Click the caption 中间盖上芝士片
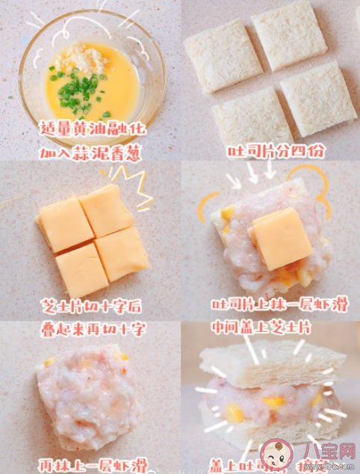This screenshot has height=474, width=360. pyautogui.click(x=271, y=327)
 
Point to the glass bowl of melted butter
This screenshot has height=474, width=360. pyautogui.click(x=92, y=75)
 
